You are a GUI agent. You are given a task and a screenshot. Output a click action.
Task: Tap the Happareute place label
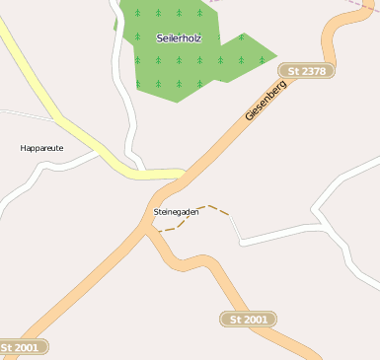41,148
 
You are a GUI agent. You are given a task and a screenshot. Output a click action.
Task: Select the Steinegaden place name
177,212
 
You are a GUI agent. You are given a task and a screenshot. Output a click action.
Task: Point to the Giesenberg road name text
266,101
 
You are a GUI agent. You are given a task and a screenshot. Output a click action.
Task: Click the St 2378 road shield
306,71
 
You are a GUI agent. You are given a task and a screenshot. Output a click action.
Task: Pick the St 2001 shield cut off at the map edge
22,347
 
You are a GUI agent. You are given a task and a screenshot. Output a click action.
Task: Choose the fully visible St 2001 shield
249,320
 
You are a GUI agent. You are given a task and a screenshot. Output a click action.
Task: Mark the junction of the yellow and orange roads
183,175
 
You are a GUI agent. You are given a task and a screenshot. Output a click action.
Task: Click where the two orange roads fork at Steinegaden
147,229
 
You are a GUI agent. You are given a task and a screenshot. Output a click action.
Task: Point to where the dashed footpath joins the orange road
155,231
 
